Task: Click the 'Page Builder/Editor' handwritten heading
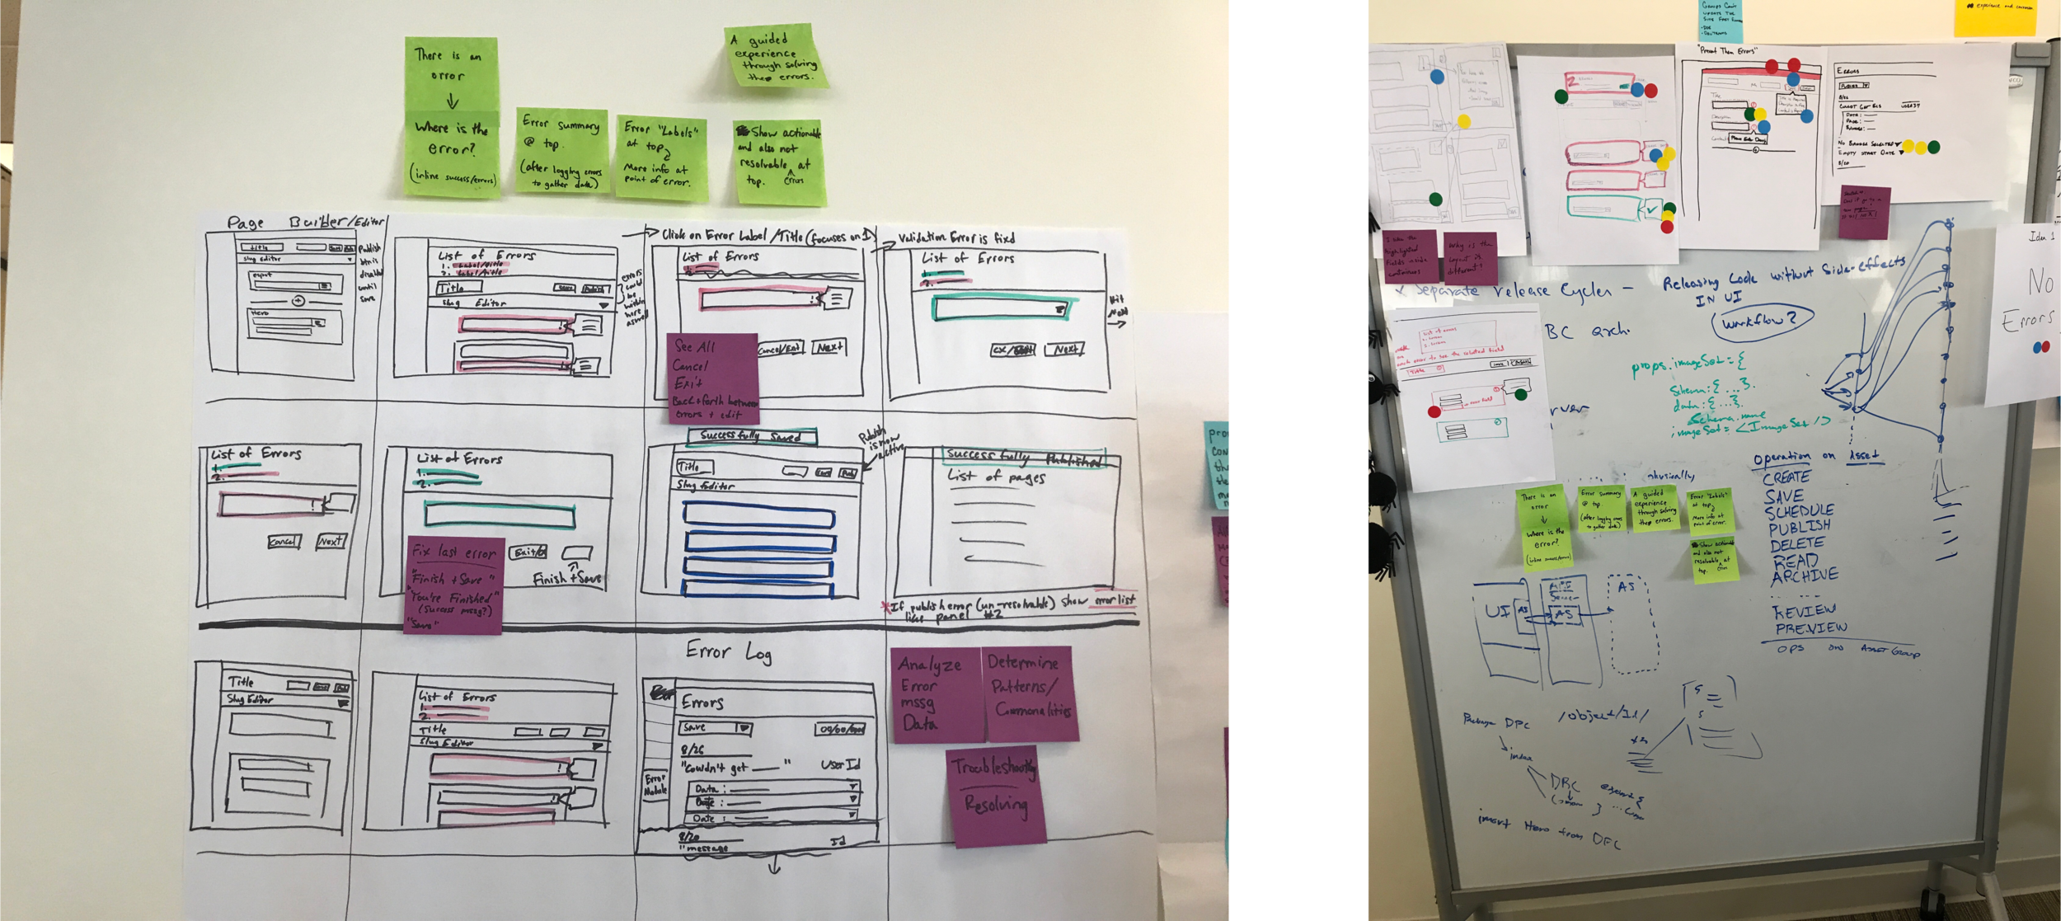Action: coord(305,223)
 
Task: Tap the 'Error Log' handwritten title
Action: coord(729,652)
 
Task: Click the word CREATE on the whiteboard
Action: coord(1786,477)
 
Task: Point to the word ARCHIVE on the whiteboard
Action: coord(1804,576)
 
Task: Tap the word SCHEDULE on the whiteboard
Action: coord(1799,512)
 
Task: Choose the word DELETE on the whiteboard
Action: coord(1796,544)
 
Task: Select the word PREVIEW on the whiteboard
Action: coord(1810,628)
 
